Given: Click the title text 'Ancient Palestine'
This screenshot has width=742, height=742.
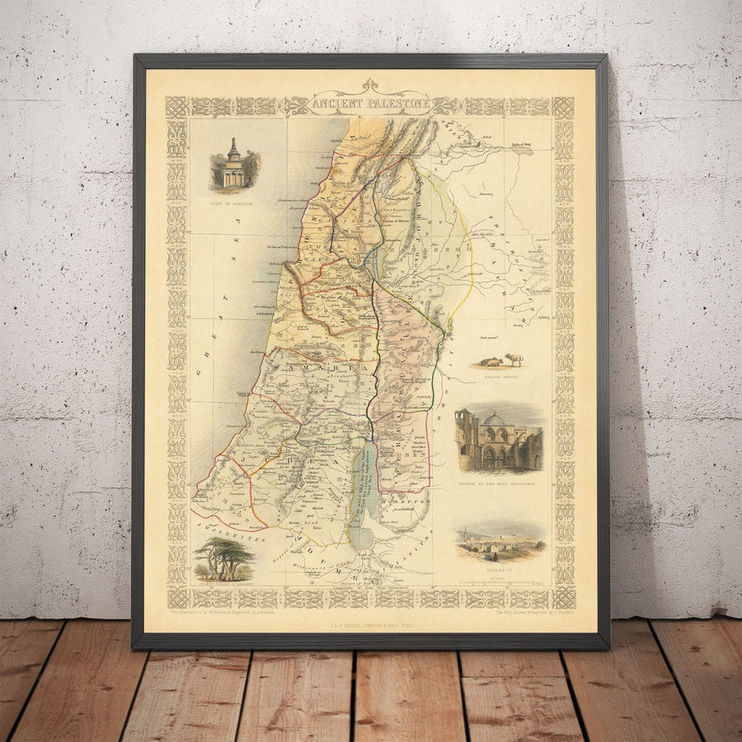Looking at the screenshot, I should click(x=370, y=104).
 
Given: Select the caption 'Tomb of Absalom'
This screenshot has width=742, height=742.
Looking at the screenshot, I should click(x=231, y=202).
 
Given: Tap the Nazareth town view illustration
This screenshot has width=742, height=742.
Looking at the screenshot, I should click(x=500, y=540).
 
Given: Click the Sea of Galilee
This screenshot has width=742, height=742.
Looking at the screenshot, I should click(x=370, y=263).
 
